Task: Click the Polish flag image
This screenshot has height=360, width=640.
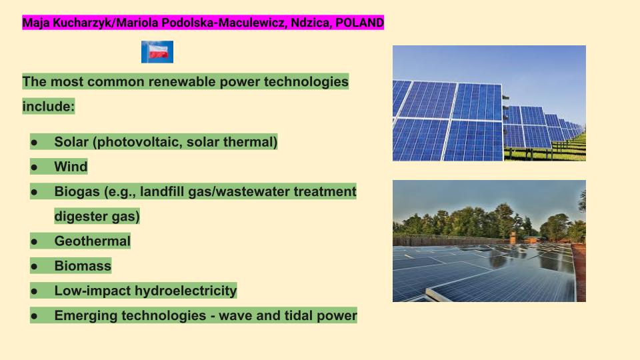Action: tap(157, 52)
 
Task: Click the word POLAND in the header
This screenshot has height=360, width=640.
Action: tap(359, 23)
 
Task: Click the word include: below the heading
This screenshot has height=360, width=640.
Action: tap(49, 107)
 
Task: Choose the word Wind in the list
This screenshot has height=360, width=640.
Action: tap(71, 167)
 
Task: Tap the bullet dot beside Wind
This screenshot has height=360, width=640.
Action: tap(34, 167)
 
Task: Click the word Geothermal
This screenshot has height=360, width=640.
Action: tap(92, 241)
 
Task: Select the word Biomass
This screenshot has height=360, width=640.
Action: tap(83, 266)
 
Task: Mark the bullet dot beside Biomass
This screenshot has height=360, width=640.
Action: tap(34, 267)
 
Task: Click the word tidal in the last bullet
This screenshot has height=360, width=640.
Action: tap(299, 315)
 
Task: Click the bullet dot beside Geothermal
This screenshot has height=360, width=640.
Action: tap(34, 241)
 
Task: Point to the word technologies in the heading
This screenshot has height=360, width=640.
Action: tap(306, 81)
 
